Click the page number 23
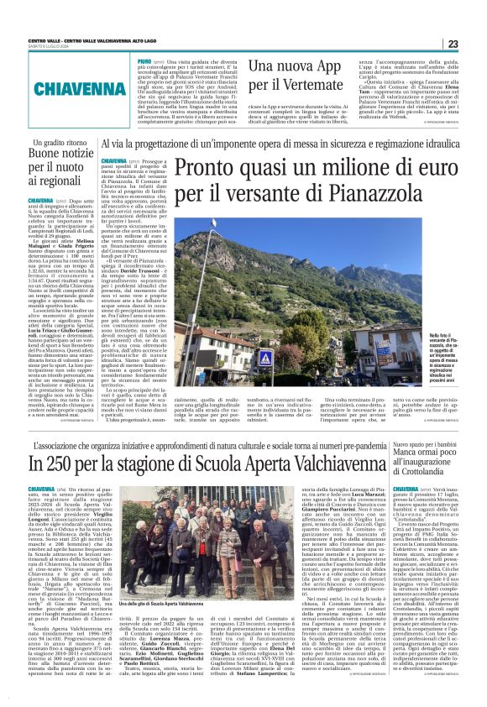[x=475, y=44]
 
